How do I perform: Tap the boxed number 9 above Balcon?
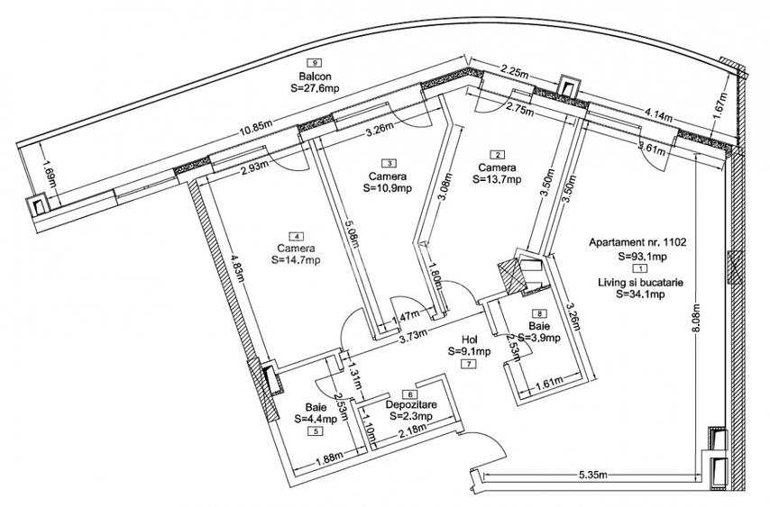[314, 63]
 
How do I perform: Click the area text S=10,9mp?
[389, 189]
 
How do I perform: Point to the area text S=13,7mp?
[497, 180]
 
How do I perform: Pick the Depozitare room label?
[409, 405]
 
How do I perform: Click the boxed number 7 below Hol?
[469, 365]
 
